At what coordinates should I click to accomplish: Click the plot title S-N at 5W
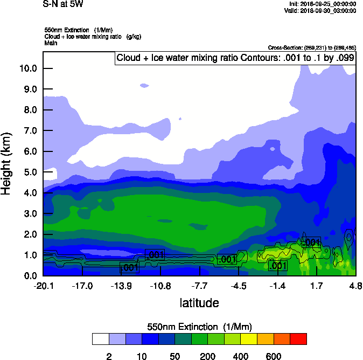64,4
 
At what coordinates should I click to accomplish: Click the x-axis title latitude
199,303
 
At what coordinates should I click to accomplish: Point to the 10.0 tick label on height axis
27,68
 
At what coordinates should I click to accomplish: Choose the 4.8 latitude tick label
355,286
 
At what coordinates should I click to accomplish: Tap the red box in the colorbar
298,339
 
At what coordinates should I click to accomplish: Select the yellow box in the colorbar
249,339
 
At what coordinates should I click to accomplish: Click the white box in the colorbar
100,339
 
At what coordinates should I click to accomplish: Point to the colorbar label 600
274,356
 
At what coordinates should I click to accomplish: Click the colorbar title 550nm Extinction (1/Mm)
199,327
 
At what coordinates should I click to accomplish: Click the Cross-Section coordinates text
312,48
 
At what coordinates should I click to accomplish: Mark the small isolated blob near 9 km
144,85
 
